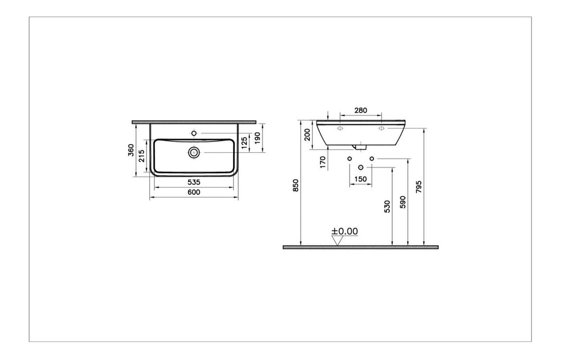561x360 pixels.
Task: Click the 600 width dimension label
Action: pyautogui.click(x=193, y=192)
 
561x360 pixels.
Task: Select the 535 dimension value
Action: pyautogui.click(x=193, y=182)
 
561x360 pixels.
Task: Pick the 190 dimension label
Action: pyautogui.click(x=258, y=138)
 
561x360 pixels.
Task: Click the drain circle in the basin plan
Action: pyautogui.click(x=194, y=152)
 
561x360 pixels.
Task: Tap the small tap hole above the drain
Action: pyautogui.click(x=194, y=133)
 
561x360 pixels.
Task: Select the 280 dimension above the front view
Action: pyautogui.click(x=360, y=110)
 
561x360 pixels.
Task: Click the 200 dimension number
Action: pyautogui.click(x=307, y=135)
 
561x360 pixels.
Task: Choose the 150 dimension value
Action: pyautogui.click(x=360, y=178)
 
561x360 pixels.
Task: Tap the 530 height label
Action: pyautogui.click(x=387, y=206)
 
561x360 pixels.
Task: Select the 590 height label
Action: pyautogui.click(x=403, y=201)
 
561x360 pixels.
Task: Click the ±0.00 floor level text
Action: pyautogui.click(x=345, y=231)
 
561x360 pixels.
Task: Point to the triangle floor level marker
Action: pyautogui.click(x=338, y=240)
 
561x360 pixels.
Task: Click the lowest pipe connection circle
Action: pyautogui.click(x=360, y=168)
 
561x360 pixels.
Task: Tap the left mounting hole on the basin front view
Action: pyautogui.click(x=340, y=129)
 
